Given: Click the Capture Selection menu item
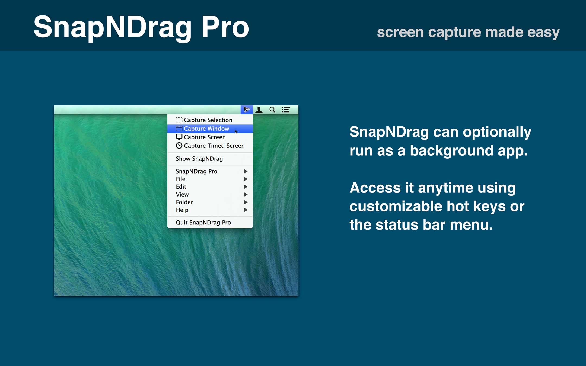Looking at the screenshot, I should (x=208, y=120).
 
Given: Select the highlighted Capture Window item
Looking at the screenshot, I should (x=206, y=129).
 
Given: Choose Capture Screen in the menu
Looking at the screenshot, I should (x=205, y=137).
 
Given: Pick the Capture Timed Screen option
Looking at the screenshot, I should (x=214, y=146).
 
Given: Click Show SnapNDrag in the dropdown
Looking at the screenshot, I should (x=199, y=159).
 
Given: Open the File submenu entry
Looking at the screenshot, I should (x=180, y=179).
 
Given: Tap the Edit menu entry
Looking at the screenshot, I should (x=181, y=187).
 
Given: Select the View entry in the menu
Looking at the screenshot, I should (x=182, y=194).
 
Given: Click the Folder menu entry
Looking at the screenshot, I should (x=184, y=202).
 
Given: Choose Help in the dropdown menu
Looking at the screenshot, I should (x=182, y=210).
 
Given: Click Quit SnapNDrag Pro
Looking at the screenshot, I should (x=203, y=223).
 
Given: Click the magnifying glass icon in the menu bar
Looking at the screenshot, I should (x=272, y=110).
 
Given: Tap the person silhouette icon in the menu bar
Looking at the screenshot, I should (x=259, y=110).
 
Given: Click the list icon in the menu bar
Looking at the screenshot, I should (x=286, y=110).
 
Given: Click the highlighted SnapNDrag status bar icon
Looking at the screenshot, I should (x=246, y=110).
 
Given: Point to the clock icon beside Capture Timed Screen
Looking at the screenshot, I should (x=179, y=146).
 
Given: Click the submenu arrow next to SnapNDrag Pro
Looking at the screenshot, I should (x=246, y=171).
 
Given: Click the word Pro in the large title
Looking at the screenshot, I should (x=225, y=27).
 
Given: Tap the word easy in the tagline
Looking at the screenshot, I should (x=543, y=32).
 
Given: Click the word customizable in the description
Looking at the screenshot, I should (x=396, y=206).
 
